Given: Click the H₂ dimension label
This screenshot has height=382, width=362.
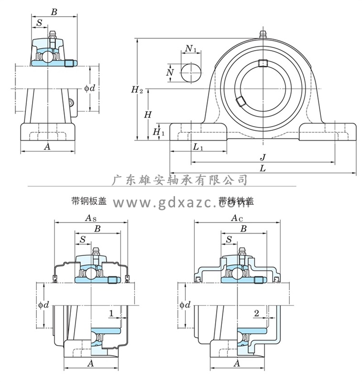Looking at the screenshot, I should tap(137, 89).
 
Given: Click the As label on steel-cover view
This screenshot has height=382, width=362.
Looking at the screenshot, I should tap(90, 218).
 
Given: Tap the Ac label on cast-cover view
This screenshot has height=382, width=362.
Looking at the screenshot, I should tap(236, 218).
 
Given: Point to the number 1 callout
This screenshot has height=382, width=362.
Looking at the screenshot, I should tap(111, 313).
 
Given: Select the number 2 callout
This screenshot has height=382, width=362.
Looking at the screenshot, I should tap(257, 313).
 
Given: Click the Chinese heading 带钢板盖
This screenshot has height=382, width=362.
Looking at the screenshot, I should tap(88, 201).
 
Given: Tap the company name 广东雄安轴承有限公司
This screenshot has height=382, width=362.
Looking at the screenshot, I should tap(179, 180).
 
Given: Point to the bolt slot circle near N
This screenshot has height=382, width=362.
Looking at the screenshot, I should tap(191, 73).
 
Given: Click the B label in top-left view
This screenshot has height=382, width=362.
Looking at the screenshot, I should tap(54, 12).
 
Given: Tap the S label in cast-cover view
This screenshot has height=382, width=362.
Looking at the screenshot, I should tap(229, 239).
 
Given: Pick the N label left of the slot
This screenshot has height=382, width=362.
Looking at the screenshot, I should tap(169, 72).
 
